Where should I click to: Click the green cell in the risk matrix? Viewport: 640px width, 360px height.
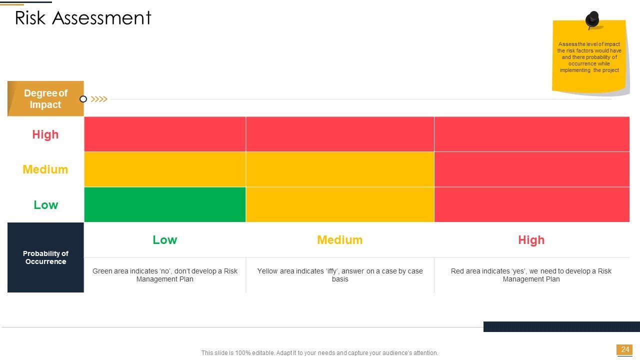tap(165, 204)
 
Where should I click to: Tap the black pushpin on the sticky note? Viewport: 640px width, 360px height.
tap(592, 19)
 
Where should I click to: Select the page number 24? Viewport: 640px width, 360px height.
tap(625, 349)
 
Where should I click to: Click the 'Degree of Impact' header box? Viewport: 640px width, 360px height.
tap(45, 98)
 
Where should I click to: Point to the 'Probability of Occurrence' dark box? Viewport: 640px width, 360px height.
tap(45, 257)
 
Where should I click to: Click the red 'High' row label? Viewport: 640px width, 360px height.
tap(45, 134)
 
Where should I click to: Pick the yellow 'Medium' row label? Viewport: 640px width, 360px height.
tap(45, 169)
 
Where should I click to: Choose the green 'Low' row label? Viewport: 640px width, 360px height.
tap(45, 205)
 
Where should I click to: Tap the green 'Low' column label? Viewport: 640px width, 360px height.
tap(165, 240)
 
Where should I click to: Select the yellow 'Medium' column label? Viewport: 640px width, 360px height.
tap(339, 240)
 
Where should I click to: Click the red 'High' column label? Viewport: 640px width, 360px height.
tap(531, 240)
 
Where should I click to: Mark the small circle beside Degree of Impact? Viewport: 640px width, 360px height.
tap(83, 99)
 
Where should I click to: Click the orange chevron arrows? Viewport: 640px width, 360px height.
tap(99, 99)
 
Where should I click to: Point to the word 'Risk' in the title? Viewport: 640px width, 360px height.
tap(30, 18)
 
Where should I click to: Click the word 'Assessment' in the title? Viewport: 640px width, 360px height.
tap(101, 18)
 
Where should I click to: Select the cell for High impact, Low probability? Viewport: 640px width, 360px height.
tap(165, 134)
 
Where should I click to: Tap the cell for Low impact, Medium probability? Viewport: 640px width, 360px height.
tap(340, 204)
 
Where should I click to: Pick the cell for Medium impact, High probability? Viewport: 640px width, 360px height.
tap(532, 169)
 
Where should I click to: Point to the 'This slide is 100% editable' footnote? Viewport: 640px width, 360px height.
tap(319, 353)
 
